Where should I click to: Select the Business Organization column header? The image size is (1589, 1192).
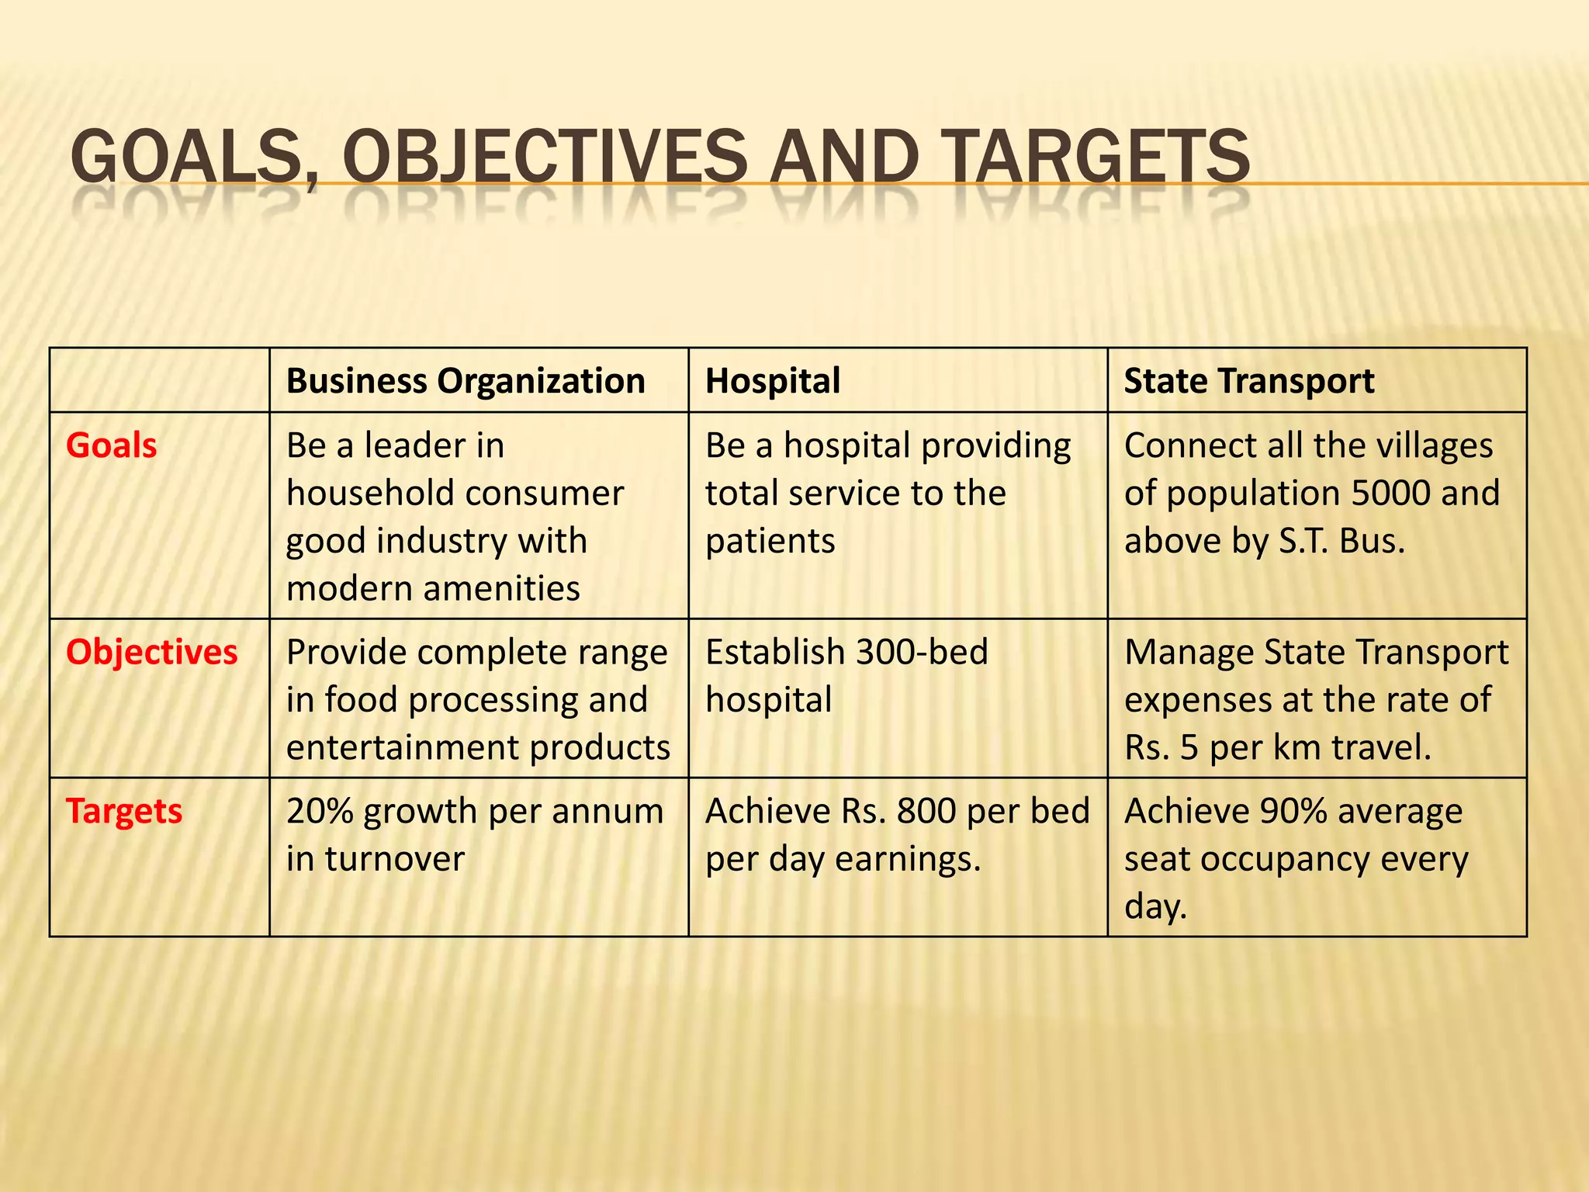466,381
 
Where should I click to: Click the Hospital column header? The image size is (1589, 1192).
773,381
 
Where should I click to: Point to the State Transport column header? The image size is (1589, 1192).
1249,381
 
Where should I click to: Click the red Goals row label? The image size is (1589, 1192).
112,445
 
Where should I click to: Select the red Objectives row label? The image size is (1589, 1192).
152,652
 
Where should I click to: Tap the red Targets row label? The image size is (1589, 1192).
124,811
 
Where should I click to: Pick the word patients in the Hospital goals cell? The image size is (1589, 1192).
770,542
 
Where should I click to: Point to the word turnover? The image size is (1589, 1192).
394,859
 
